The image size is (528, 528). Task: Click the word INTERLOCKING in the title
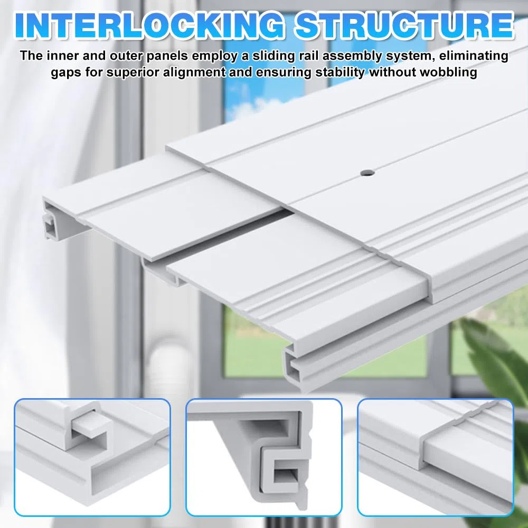tap(149, 25)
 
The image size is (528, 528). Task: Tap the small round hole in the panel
tap(367, 173)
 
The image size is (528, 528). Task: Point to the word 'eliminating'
tap(474, 56)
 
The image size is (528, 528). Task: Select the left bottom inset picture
tap(92, 457)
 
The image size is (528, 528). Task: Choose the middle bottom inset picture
tap(263, 457)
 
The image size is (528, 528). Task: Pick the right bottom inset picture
tap(436, 457)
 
